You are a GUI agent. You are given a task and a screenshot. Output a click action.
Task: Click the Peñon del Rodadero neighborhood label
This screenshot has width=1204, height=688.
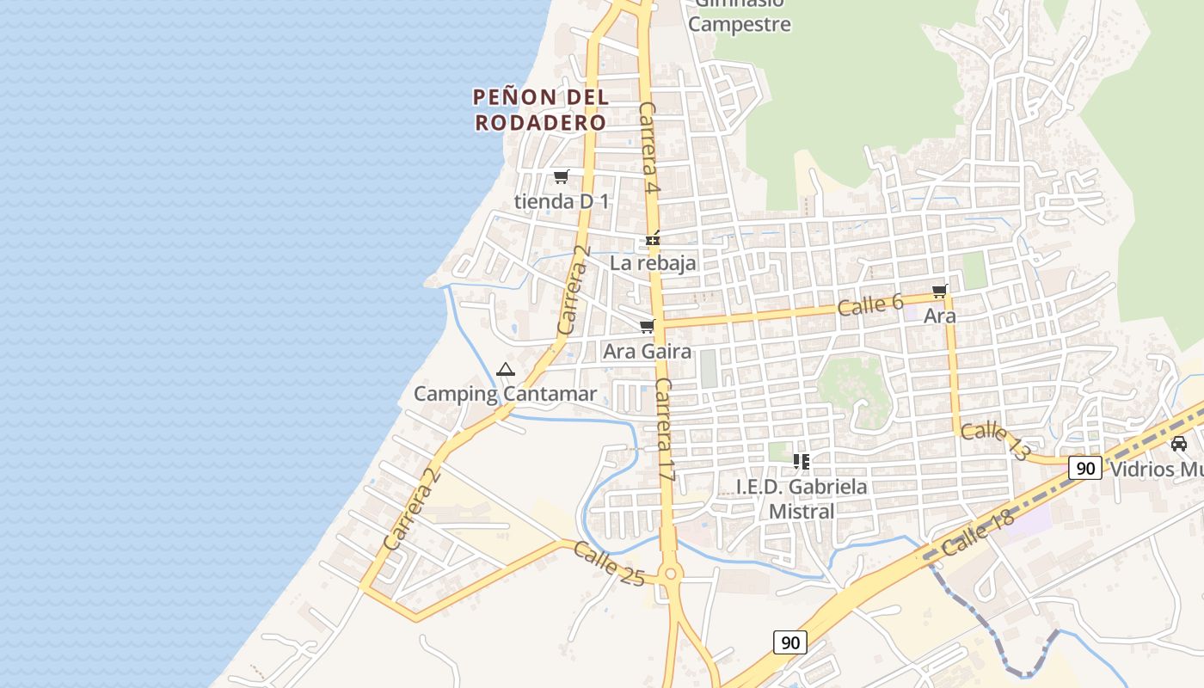(541, 109)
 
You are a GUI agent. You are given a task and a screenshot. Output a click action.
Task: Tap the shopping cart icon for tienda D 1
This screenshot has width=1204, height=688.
(561, 177)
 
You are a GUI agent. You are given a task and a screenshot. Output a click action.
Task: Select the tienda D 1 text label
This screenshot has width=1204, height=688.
(561, 202)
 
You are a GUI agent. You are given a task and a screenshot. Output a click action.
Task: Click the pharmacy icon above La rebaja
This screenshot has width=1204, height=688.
(654, 238)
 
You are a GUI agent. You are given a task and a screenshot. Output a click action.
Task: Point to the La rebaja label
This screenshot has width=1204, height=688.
(653, 263)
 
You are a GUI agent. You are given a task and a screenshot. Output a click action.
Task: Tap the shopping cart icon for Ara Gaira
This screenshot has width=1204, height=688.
(647, 327)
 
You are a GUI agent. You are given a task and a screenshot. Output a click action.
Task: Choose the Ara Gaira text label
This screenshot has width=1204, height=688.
(647, 351)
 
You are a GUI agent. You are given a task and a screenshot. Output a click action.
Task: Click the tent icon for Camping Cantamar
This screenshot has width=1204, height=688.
(505, 370)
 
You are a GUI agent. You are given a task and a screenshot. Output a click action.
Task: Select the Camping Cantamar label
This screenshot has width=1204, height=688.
(505, 394)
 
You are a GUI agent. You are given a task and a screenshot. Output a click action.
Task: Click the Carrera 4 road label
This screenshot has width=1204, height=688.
(648, 148)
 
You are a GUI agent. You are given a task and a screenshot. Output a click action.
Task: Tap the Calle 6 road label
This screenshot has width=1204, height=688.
(870, 304)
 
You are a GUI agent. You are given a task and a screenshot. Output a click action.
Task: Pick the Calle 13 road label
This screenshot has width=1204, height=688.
(995, 441)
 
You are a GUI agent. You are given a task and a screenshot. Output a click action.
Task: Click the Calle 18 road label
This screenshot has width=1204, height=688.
(978, 532)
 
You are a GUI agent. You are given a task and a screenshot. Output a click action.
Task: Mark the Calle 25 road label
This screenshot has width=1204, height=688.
(609, 564)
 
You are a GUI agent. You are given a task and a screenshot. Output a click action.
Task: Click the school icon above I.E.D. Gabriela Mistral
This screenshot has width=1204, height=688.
(802, 462)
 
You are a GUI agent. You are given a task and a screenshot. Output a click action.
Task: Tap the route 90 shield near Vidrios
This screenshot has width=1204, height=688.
(1085, 468)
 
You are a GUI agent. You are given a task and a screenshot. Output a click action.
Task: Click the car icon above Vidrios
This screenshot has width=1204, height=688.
(1179, 444)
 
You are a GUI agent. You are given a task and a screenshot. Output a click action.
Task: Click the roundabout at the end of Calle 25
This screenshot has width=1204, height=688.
(671, 574)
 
